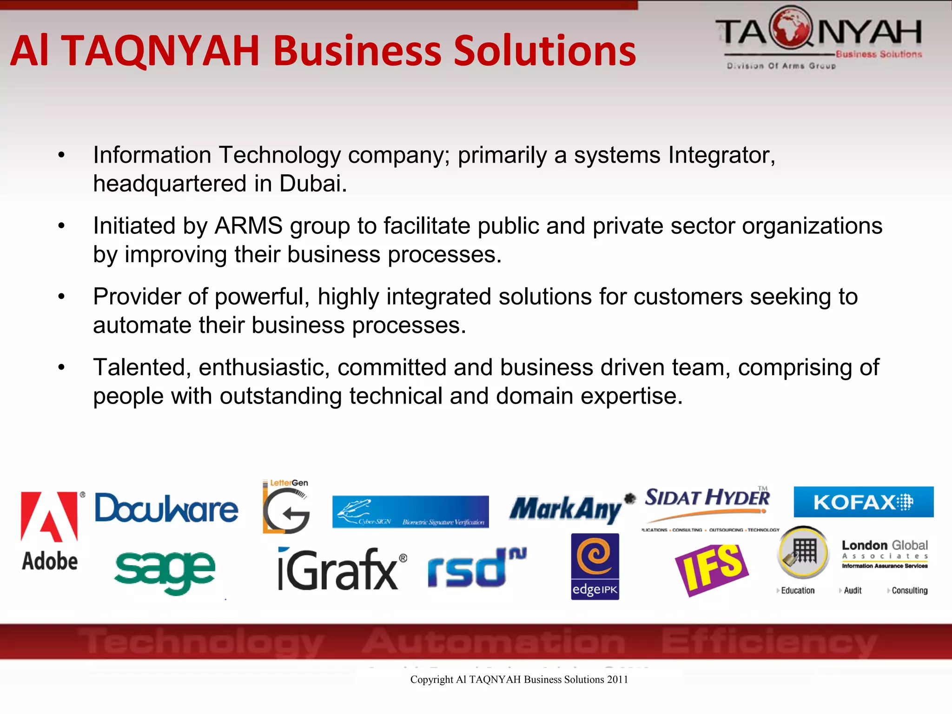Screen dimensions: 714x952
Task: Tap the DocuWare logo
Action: [x=166, y=508]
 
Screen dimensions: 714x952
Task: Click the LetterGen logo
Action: [x=286, y=507]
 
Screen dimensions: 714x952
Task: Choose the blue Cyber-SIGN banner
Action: [x=410, y=512]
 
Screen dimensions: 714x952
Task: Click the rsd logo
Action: [x=476, y=568]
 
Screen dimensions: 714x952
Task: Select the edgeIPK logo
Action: [x=595, y=566]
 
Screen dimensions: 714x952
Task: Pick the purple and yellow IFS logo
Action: [x=712, y=570]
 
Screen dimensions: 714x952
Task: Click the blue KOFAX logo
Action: [x=863, y=502]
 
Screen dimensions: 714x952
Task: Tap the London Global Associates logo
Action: [x=884, y=554]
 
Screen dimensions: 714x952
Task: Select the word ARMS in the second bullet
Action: [x=248, y=226]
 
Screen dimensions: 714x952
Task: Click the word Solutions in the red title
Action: [x=544, y=51]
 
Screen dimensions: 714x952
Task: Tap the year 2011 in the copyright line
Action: [x=617, y=680]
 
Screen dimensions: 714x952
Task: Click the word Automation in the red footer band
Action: [x=494, y=642]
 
